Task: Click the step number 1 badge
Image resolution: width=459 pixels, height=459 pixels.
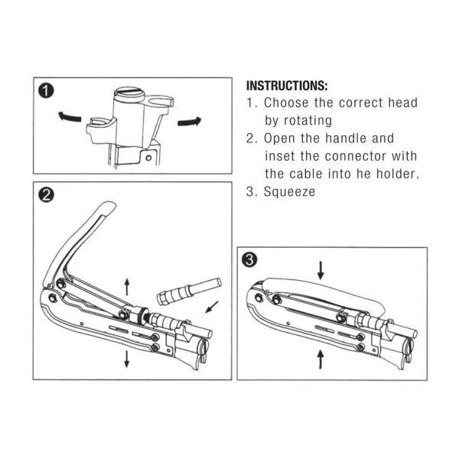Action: (x=47, y=93)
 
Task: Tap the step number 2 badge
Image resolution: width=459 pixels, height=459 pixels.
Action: (x=46, y=195)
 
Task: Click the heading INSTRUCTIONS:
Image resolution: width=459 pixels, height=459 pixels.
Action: (x=286, y=85)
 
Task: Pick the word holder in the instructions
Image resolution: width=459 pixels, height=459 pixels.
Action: (x=398, y=174)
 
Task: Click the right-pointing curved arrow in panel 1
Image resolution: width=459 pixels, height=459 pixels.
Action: (x=188, y=121)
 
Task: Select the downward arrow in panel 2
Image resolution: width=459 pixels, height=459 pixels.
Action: (x=126, y=359)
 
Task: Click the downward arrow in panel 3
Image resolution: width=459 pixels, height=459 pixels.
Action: (x=321, y=269)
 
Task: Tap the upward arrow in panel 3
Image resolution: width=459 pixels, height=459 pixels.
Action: (x=319, y=356)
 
